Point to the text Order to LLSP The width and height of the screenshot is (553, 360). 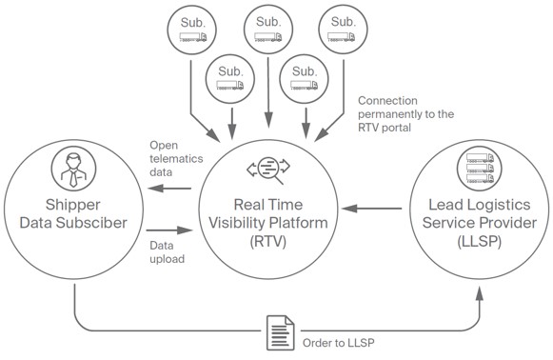332,344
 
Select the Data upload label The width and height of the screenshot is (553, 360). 168,251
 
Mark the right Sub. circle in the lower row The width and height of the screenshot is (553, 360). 304,79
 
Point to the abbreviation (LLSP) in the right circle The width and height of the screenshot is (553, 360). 475,242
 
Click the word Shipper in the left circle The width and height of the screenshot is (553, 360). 73,208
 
